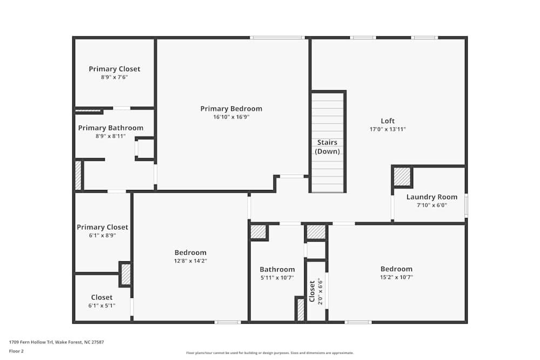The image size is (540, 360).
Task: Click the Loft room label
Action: pyautogui.click(x=388, y=121)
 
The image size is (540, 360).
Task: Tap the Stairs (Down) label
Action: pyautogui.click(x=327, y=147)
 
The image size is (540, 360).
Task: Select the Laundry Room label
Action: pyautogui.click(x=431, y=197)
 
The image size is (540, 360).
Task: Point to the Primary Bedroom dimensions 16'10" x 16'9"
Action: pyautogui.click(x=231, y=117)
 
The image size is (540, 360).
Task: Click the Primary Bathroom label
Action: pyautogui.click(x=111, y=128)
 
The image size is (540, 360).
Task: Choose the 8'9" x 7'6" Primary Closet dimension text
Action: pyautogui.click(x=114, y=77)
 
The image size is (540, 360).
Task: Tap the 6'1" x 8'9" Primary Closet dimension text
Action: pyautogui.click(x=103, y=235)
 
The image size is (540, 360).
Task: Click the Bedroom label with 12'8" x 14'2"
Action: pyautogui.click(x=190, y=253)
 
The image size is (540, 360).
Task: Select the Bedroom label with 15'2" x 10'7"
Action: pyautogui.click(x=396, y=269)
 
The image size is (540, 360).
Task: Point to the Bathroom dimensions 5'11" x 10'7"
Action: pyautogui.click(x=277, y=278)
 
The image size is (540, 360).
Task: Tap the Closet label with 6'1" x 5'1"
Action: pyautogui.click(x=102, y=297)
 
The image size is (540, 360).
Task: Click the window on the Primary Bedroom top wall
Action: pyautogui.click(x=278, y=38)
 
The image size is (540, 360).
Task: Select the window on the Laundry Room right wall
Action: pyautogui.click(x=466, y=206)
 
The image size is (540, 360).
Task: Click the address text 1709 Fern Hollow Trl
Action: pyautogui.click(x=56, y=342)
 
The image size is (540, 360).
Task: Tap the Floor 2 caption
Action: pyautogui.click(x=16, y=351)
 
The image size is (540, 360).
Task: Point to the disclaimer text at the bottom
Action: pyautogui.click(x=269, y=353)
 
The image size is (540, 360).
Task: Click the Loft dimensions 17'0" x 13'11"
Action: pyautogui.click(x=388, y=130)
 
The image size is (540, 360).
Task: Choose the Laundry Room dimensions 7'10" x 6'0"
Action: pyautogui.click(x=431, y=205)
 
